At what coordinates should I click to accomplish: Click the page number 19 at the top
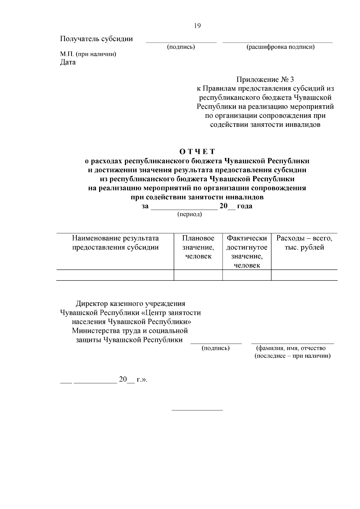197,26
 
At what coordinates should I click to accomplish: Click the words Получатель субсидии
96,39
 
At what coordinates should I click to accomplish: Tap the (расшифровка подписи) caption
280,47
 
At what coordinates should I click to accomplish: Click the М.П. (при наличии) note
88,54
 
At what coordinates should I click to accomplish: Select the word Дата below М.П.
68,62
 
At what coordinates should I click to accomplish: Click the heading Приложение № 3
265,80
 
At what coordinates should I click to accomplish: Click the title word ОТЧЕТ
197,151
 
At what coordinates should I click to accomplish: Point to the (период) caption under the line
190,214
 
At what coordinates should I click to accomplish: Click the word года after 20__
244,206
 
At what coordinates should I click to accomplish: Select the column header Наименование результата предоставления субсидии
115,243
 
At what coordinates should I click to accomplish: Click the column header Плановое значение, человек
198,247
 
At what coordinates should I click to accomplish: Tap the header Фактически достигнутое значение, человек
247,252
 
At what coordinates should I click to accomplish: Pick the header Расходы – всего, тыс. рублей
304,243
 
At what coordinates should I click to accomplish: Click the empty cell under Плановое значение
198,275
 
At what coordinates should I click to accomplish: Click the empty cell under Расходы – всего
304,275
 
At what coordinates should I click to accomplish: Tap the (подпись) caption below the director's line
216,348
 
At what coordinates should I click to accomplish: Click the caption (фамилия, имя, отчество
290,348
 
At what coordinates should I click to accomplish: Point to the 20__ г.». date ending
133,379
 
